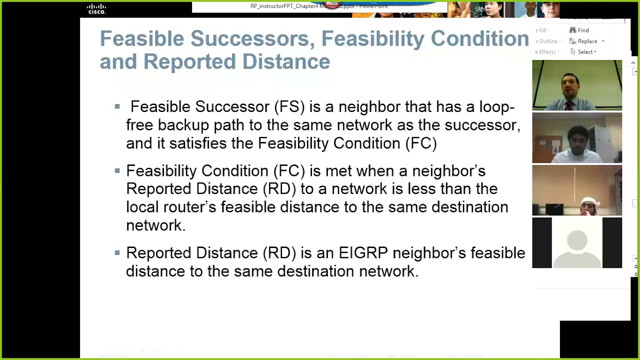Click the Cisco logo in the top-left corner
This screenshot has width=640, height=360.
(x=96, y=8)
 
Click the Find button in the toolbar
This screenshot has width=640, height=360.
(x=579, y=30)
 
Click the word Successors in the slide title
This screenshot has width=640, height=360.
(x=252, y=39)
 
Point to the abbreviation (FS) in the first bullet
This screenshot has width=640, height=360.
(x=289, y=107)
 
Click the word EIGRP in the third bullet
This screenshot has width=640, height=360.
(x=363, y=253)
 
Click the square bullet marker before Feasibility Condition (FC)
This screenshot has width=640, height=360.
(x=117, y=171)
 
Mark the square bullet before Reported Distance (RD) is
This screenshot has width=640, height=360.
(x=117, y=253)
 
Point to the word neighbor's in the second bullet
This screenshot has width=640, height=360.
(x=448, y=171)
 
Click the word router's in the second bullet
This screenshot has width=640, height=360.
(x=188, y=207)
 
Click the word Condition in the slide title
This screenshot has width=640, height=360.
(x=479, y=39)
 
